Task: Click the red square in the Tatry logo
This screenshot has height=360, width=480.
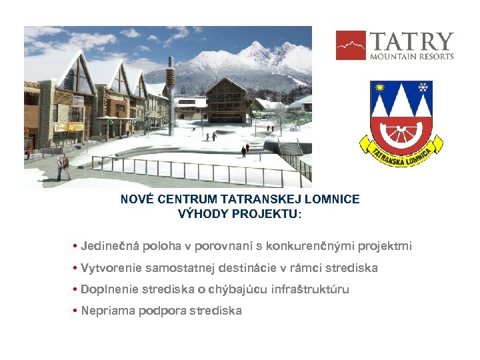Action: [x=351, y=45]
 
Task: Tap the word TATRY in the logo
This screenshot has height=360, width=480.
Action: [x=411, y=41]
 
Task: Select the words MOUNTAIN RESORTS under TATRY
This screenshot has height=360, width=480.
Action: [x=411, y=57]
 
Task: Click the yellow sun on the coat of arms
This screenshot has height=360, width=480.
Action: [x=381, y=88]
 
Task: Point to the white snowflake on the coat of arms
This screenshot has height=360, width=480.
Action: [x=422, y=87]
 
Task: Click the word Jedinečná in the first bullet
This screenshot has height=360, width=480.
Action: [x=105, y=246]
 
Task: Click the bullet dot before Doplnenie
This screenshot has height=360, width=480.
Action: [x=75, y=289]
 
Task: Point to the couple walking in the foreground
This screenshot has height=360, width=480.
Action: [x=63, y=167]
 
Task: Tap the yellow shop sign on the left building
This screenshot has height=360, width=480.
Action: [x=69, y=127]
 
